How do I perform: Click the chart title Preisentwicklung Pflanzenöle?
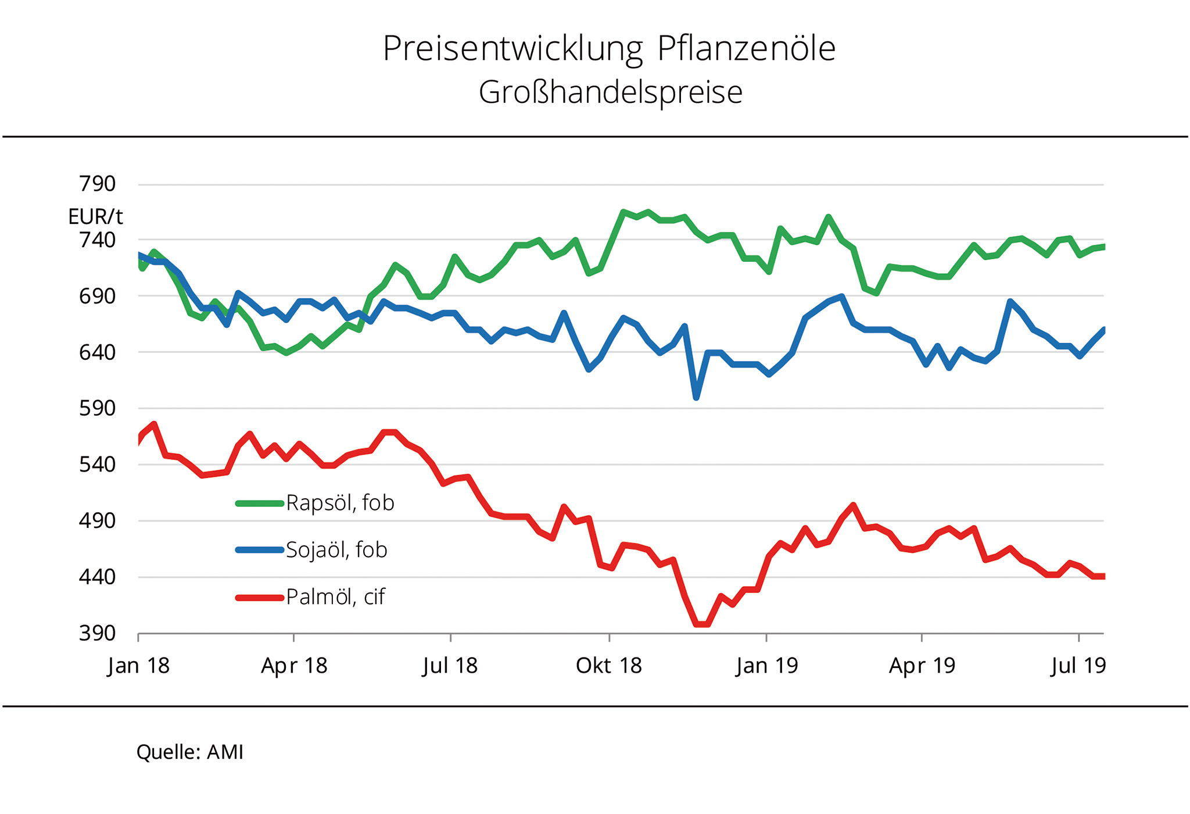coord(609,49)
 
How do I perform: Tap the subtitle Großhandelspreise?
coord(610,92)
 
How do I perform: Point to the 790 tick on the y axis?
coord(98,184)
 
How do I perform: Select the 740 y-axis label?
coord(98,240)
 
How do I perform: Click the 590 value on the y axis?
coord(98,408)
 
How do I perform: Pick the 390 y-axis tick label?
coord(98,633)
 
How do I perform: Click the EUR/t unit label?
coord(95,217)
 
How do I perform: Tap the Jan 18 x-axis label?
coord(138,666)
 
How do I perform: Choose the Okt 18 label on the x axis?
coord(609,666)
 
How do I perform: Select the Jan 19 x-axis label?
coord(767,666)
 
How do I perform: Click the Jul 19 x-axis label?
coord(1078,666)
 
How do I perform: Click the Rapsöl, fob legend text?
coord(340,503)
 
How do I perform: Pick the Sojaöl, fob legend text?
coord(336,550)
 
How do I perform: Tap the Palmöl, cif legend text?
coord(335,597)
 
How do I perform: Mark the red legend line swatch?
coord(259,598)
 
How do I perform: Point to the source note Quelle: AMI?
coord(190,752)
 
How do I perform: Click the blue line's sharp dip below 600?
coord(696,398)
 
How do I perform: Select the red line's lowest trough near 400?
coord(702,624)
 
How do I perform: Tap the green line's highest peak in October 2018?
coord(623,212)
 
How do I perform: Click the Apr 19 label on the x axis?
coord(922,666)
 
